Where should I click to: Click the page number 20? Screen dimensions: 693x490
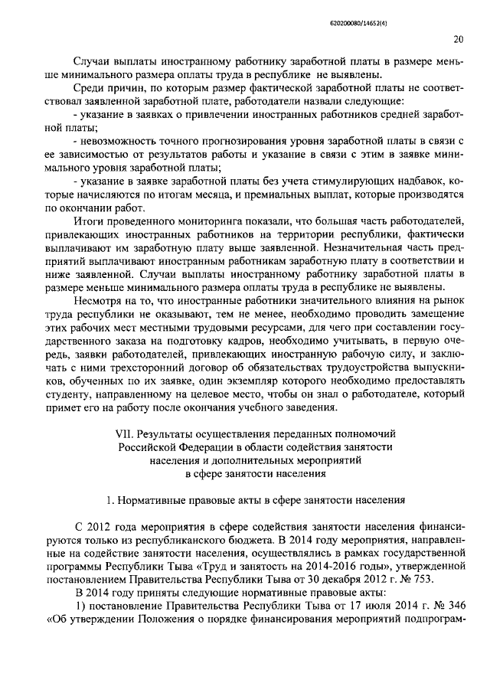(457, 39)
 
